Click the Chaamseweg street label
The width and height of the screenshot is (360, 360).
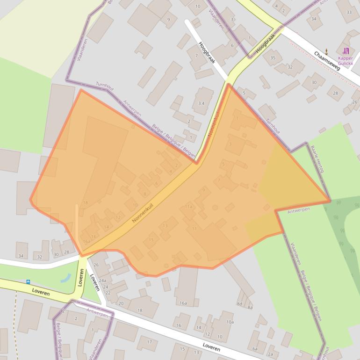coord(330,61)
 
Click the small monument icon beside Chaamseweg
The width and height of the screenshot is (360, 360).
coord(326,51)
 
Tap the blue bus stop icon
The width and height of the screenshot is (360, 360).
coord(29,282)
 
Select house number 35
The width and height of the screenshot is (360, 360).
coord(273,58)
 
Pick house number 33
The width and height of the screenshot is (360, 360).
coord(349,13)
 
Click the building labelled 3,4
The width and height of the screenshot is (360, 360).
coord(202,103)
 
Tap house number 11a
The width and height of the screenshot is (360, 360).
coord(188,206)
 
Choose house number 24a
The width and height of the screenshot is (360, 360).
coord(103,280)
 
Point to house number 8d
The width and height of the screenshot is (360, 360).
coord(239,303)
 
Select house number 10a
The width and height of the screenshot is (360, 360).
coord(230,322)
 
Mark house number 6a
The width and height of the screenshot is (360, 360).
coord(255,349)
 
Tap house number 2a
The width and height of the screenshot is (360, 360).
coord(270,354)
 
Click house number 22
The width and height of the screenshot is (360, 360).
coord(108,293)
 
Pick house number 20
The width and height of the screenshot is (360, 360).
coord(121,303)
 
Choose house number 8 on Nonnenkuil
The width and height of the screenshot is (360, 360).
coord(145,194)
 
